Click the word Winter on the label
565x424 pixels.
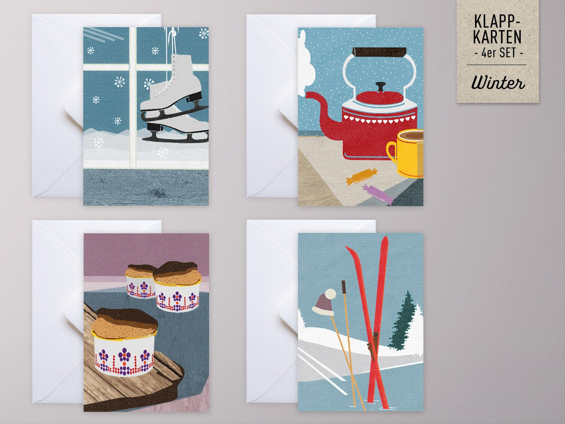pyautogui.click(x=498, y=83)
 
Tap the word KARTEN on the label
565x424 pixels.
pyautogui.click(x=497, y=37)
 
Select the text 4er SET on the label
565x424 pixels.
pyautogui.click(x=498, y=53)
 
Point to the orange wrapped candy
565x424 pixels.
pyautogui.click(x=361, y=177)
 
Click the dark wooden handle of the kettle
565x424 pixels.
pyautogui.click(x=380, y=52)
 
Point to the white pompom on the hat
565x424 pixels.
pyautogui.click(x=330, y=294)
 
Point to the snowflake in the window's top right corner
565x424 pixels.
pyautogui.click(x=204, y=34)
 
